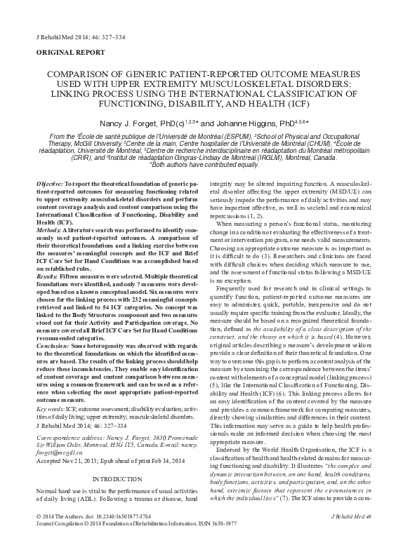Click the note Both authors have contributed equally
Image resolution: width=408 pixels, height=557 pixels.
pyautogui.click(x=204, y=164)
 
